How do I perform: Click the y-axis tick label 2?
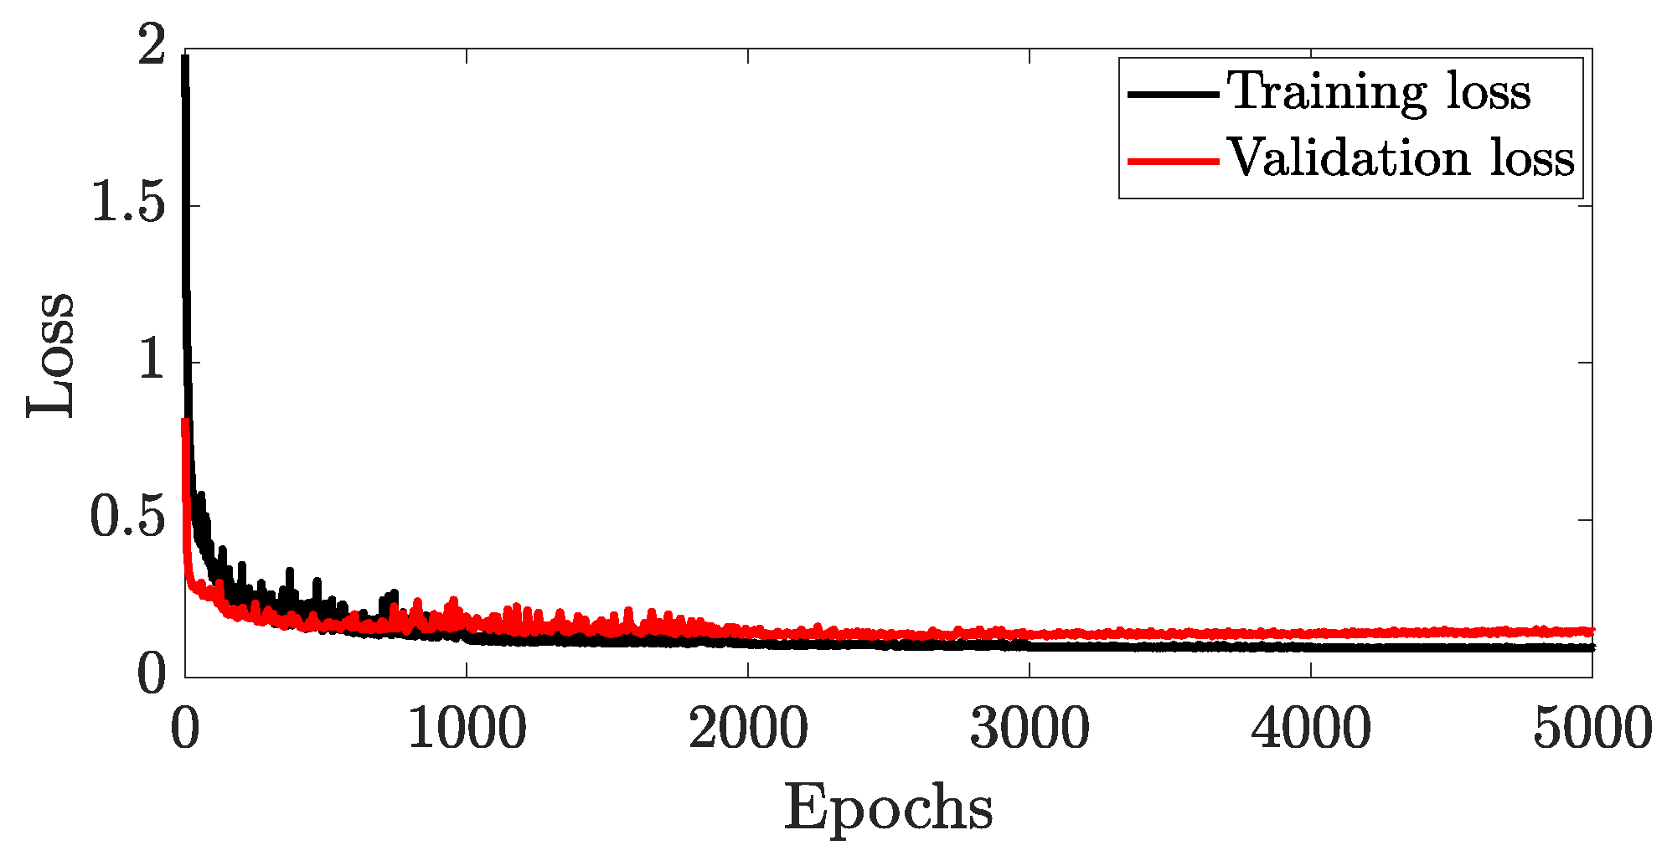point(152,46)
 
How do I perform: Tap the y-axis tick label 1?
point(152,361)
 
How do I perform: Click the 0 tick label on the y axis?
point(152,675)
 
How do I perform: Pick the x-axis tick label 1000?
point(467,729)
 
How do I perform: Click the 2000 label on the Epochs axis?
point(748,729)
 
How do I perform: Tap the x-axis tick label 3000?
point(1030,729)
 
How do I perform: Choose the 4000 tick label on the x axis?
point(1311,729)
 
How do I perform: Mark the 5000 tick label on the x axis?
point(1592,729)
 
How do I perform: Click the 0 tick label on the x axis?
point(185,729)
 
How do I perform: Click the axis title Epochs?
point(889,809)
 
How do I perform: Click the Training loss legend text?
point(1379,92)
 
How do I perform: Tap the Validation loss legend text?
point(1401,158)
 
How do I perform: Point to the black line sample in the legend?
point(1173,94)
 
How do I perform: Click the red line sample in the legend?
point(1173,160)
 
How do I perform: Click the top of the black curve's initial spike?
point(184,57)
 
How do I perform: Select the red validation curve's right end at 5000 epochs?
point(1591,631)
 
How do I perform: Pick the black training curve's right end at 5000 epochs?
point(1591,647)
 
